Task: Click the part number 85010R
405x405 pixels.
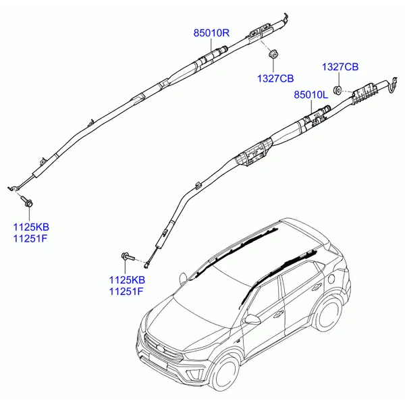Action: click(x=212, y=32)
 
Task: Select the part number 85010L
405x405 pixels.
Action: click(x=310, y=97)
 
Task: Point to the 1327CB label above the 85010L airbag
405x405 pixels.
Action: click(x=340, y=66)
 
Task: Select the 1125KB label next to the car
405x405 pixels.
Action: click(x=127, y=279)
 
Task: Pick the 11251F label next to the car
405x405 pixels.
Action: click(x=127, y=291)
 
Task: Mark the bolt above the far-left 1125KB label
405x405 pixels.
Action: click(x=29, y=201)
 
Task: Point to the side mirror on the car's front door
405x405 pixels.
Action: click(x=252, y=318)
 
